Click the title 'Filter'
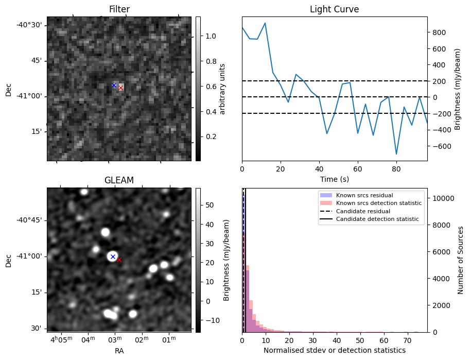coord(119,9)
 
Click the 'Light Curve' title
coord(334,9)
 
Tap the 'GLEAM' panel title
coord(119,180)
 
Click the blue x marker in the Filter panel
coord(114,85)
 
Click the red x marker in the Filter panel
coord(120,88)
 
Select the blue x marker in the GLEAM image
coord(113,256)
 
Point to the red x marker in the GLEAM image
coord(119,260)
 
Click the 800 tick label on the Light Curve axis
coord(439,32)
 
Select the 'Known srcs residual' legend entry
coord(364,195)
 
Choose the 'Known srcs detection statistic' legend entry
coord(378,203)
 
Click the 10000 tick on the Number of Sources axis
coord(441,198)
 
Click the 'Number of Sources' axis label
coord(461,260)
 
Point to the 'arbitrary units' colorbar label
coord(222,89)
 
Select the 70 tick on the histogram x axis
coord(407,340)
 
